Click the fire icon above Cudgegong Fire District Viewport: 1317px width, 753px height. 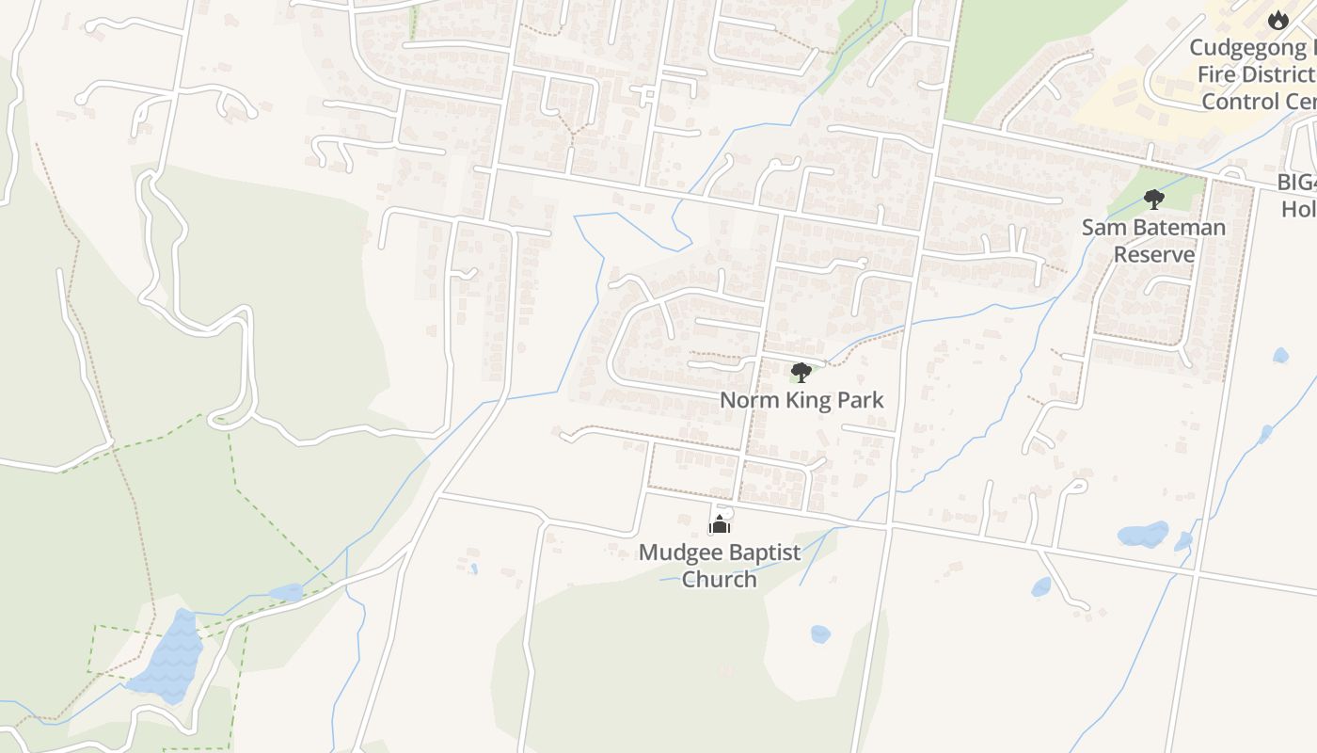[x=1277, y=20]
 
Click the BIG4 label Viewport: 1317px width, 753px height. [x=1297, y=183]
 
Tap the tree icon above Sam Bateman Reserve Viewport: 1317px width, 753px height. [x=1153, y=199]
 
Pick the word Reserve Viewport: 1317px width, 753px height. [x=1154, y=254]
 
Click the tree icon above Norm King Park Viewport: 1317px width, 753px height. [x=801, y=373]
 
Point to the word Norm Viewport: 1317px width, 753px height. [x=749, y=400]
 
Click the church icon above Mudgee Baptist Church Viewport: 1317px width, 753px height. [x=720, y=524]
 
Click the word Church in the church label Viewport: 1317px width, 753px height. [x=719, y=579]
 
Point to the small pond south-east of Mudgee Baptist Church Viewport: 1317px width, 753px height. [x=820, y=634]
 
